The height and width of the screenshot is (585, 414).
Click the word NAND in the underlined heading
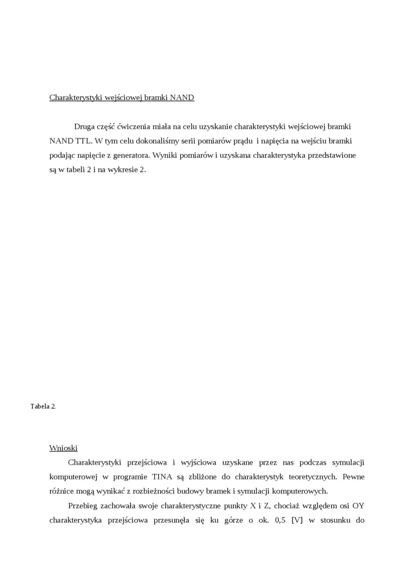pyautogui.click(x=181, y=98)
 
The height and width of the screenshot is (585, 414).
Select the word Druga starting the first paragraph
pyautogui.click(x=84, y=126)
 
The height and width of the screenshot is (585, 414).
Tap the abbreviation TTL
pyautogui.click(x=82, y=140)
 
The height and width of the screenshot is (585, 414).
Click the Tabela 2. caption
pyautogui.click(x=43, y=407)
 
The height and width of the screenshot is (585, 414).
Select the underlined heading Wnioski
pyautogui.click(x=63, y=448)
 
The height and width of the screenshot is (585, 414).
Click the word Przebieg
pyautogui.click(x=84, y=506)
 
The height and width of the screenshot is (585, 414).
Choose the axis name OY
pyautogui.click(x=358, y=506)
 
